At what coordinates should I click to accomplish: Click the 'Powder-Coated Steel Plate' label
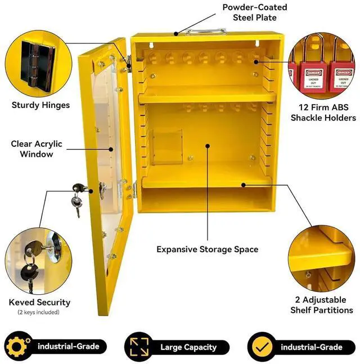254,12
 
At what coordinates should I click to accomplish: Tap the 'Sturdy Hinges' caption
40,105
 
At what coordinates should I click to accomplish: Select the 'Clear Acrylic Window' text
37,149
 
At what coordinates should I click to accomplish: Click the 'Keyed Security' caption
39,302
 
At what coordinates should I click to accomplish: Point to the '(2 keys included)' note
38,312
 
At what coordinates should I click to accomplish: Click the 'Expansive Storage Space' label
207,249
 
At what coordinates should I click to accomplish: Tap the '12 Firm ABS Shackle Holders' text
323,113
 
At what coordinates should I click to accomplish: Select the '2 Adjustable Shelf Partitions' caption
322,305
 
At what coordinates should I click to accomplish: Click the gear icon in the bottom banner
17,347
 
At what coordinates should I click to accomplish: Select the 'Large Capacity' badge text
188,347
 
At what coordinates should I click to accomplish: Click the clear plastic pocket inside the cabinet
166,147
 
